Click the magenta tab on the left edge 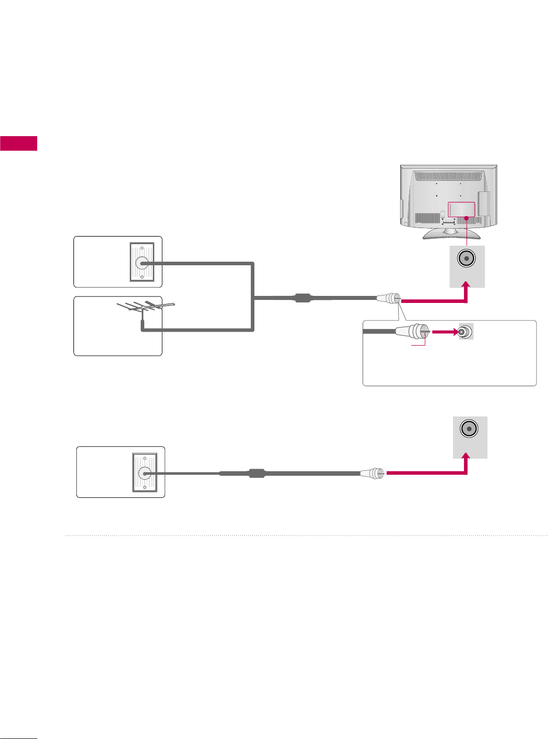pyautogui.click(x=19, y=143)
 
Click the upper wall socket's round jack pyautogui.click(x=141, y=262)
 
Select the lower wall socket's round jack pyautogui.click(x=144, y=472)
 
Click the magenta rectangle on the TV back pyautogui.click(x=461, y=210)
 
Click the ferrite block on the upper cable pyautogui.click(x=302, y=298)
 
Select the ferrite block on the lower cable pyautogui.click(x=257, y=473)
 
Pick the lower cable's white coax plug pyautogui.click(x=373, y=473)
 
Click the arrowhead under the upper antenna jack pyautogui.click(x=467, y=285)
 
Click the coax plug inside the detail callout pyautogui.click(x=412, y=332)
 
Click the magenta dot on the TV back pyautogui.click(x=467, y=218)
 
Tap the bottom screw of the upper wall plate pyautogui.click(x=142, y=276)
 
